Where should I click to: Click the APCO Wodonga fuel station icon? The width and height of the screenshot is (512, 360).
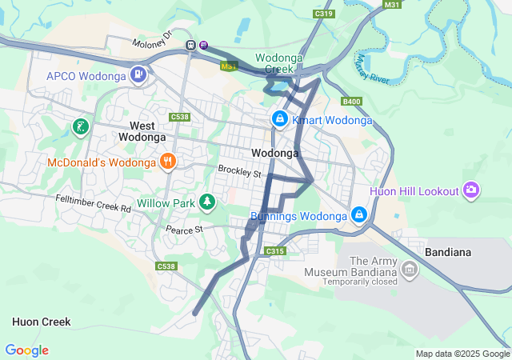139,76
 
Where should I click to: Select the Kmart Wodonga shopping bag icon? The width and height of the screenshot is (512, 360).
279,120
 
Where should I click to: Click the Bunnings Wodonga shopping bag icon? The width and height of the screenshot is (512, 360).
359,216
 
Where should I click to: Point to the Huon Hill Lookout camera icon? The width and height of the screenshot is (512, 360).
472,190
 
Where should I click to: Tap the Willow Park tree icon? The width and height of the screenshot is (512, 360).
207,202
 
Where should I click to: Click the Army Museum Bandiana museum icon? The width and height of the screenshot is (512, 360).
410,270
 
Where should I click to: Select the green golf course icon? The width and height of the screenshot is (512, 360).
80,126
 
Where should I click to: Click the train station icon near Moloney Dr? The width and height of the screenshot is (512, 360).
191,46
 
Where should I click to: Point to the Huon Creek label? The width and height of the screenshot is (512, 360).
41,322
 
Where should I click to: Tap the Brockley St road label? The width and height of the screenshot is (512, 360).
240,172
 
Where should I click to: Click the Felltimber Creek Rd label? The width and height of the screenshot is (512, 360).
93,203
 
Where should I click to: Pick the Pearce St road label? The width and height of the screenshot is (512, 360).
185,230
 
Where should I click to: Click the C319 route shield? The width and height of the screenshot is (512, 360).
324,14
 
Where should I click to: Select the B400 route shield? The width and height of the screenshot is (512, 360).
351,102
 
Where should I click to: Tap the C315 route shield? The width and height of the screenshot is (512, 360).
275,251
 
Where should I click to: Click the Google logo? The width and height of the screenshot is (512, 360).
26,350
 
